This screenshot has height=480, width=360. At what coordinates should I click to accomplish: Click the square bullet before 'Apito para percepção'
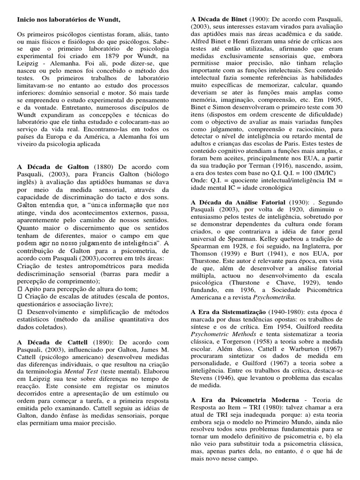coord(20,289)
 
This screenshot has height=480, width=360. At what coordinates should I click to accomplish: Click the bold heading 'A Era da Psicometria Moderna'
coord(245,399)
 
